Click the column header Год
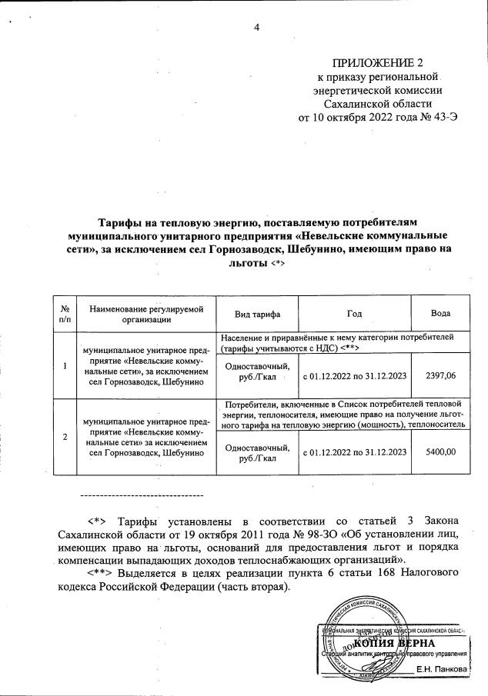click(354, 315)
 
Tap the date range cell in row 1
click(354, 375)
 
